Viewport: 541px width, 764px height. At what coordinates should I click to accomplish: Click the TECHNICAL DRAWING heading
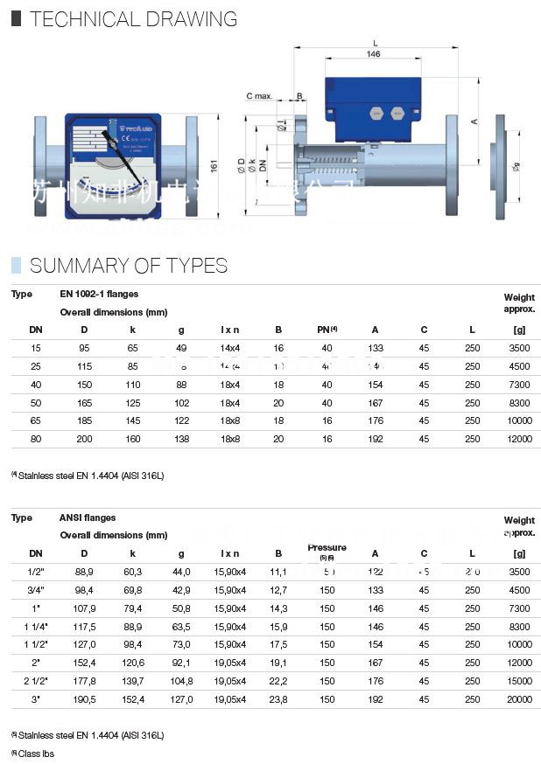tap(133, 18)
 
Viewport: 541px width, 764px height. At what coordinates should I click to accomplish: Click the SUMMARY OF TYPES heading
tap(129, 266)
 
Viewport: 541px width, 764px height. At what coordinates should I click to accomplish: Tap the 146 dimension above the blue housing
tap(374, 53)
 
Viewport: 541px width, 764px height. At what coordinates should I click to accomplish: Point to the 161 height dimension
tap(213, 164)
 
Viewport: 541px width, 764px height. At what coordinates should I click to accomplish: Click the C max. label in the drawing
tap(259, 95)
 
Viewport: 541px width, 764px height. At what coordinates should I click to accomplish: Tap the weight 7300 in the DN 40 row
tap(519, 385)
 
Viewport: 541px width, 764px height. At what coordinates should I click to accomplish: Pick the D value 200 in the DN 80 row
tap(84, 439)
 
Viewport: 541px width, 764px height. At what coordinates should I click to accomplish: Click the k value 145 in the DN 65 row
tap(132, 420)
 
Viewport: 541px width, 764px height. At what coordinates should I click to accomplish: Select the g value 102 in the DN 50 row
tap(181, 403)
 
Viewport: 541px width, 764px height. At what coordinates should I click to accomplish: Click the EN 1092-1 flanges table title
tap(99, 295)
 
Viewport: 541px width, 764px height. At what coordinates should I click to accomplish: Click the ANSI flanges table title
tap(88, 518)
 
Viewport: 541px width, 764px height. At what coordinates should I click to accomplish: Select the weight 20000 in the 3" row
tap(519, 699)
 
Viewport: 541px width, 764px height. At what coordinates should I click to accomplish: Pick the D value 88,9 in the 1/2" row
tap(84, 572)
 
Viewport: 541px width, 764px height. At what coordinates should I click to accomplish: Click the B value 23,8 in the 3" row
tap(278, 699)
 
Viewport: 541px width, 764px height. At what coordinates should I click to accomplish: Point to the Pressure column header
tap(327, 548)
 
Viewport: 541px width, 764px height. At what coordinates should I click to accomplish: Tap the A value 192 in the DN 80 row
tap(376, 439)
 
